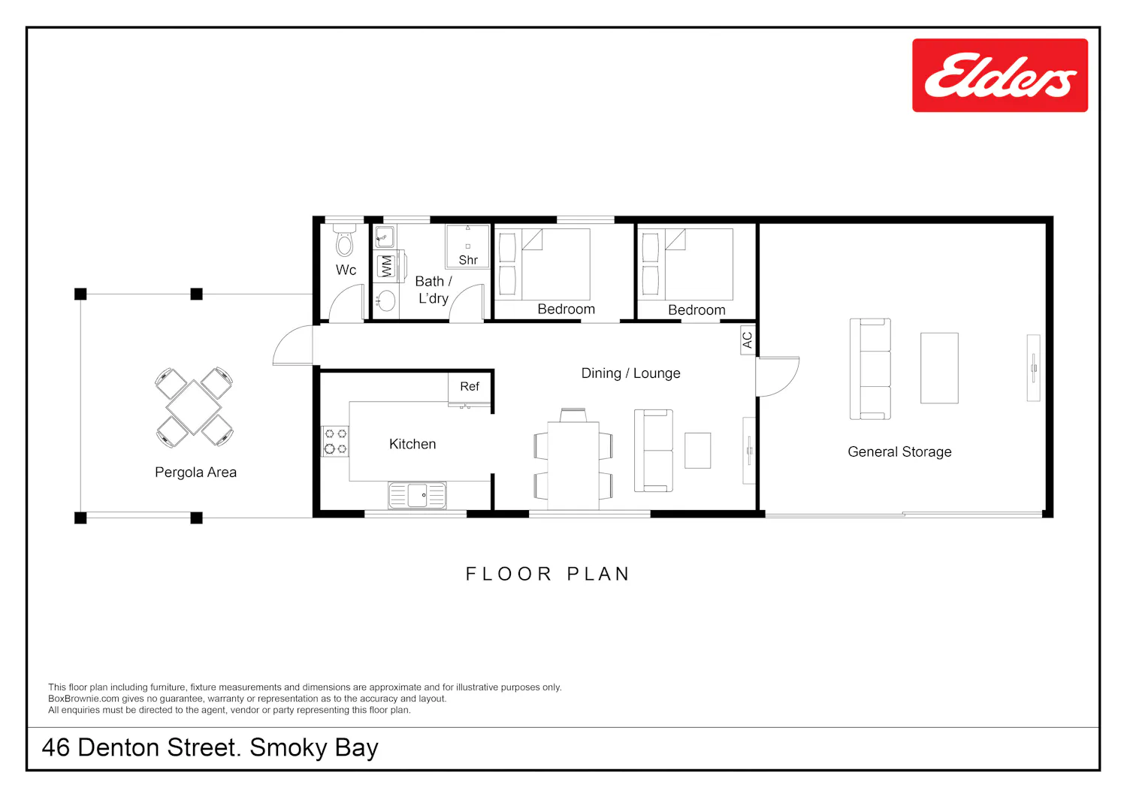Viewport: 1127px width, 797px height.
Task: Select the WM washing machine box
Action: click(x=386, y=266)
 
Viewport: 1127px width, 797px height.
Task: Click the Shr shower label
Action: click(x=468, y=260)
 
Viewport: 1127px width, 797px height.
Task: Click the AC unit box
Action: click(x=748, y=340)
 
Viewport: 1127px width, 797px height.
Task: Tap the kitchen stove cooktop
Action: click(x=335, y=441)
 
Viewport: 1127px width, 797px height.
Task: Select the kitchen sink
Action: click(x=417, y=496)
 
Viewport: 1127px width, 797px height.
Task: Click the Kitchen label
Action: click(x=412, y=444)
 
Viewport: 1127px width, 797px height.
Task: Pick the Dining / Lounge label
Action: click(x=630, y=373)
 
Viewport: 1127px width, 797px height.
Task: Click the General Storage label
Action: click(x=899, y=452)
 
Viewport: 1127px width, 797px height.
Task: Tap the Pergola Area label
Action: click(x=195, y=472)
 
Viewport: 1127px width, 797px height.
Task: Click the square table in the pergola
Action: click(x=194, y=407)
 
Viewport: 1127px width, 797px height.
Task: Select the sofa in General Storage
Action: click(x=870, y=369)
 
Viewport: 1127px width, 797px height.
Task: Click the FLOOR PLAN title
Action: click(x=548, y=574)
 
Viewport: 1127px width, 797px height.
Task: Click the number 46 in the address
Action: click(x=56, y=747)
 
